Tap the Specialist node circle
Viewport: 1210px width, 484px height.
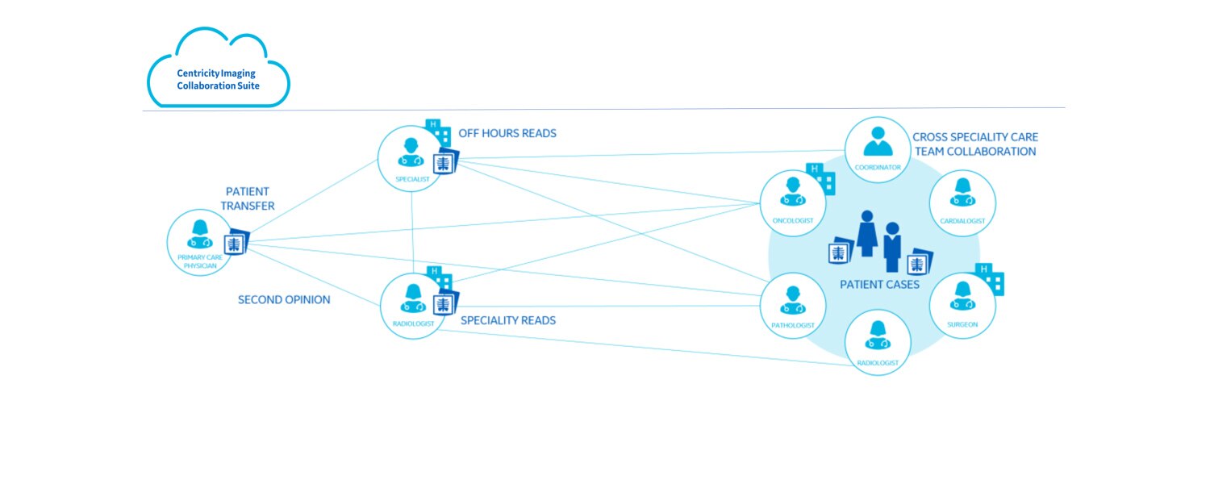pos(411,158)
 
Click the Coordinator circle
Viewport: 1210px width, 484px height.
pos(878,149)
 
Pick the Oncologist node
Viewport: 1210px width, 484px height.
pos(793,202)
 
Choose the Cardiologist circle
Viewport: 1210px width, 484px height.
pos(962,202)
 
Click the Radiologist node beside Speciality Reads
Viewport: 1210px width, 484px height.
pos(412,306)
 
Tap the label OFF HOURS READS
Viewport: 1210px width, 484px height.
pos(507,133)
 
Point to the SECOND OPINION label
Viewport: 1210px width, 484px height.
pos(284,300)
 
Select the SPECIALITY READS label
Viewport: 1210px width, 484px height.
pos(507,320)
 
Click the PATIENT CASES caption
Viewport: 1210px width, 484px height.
pos(879,284)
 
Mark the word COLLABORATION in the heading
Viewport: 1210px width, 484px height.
pos(994,151)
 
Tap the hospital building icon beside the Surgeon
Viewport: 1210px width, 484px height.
pos(991,279)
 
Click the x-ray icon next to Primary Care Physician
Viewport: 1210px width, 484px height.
pos(237,243)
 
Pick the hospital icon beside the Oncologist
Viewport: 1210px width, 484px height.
pos(822,179)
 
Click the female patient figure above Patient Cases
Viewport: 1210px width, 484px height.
pos(866,234)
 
